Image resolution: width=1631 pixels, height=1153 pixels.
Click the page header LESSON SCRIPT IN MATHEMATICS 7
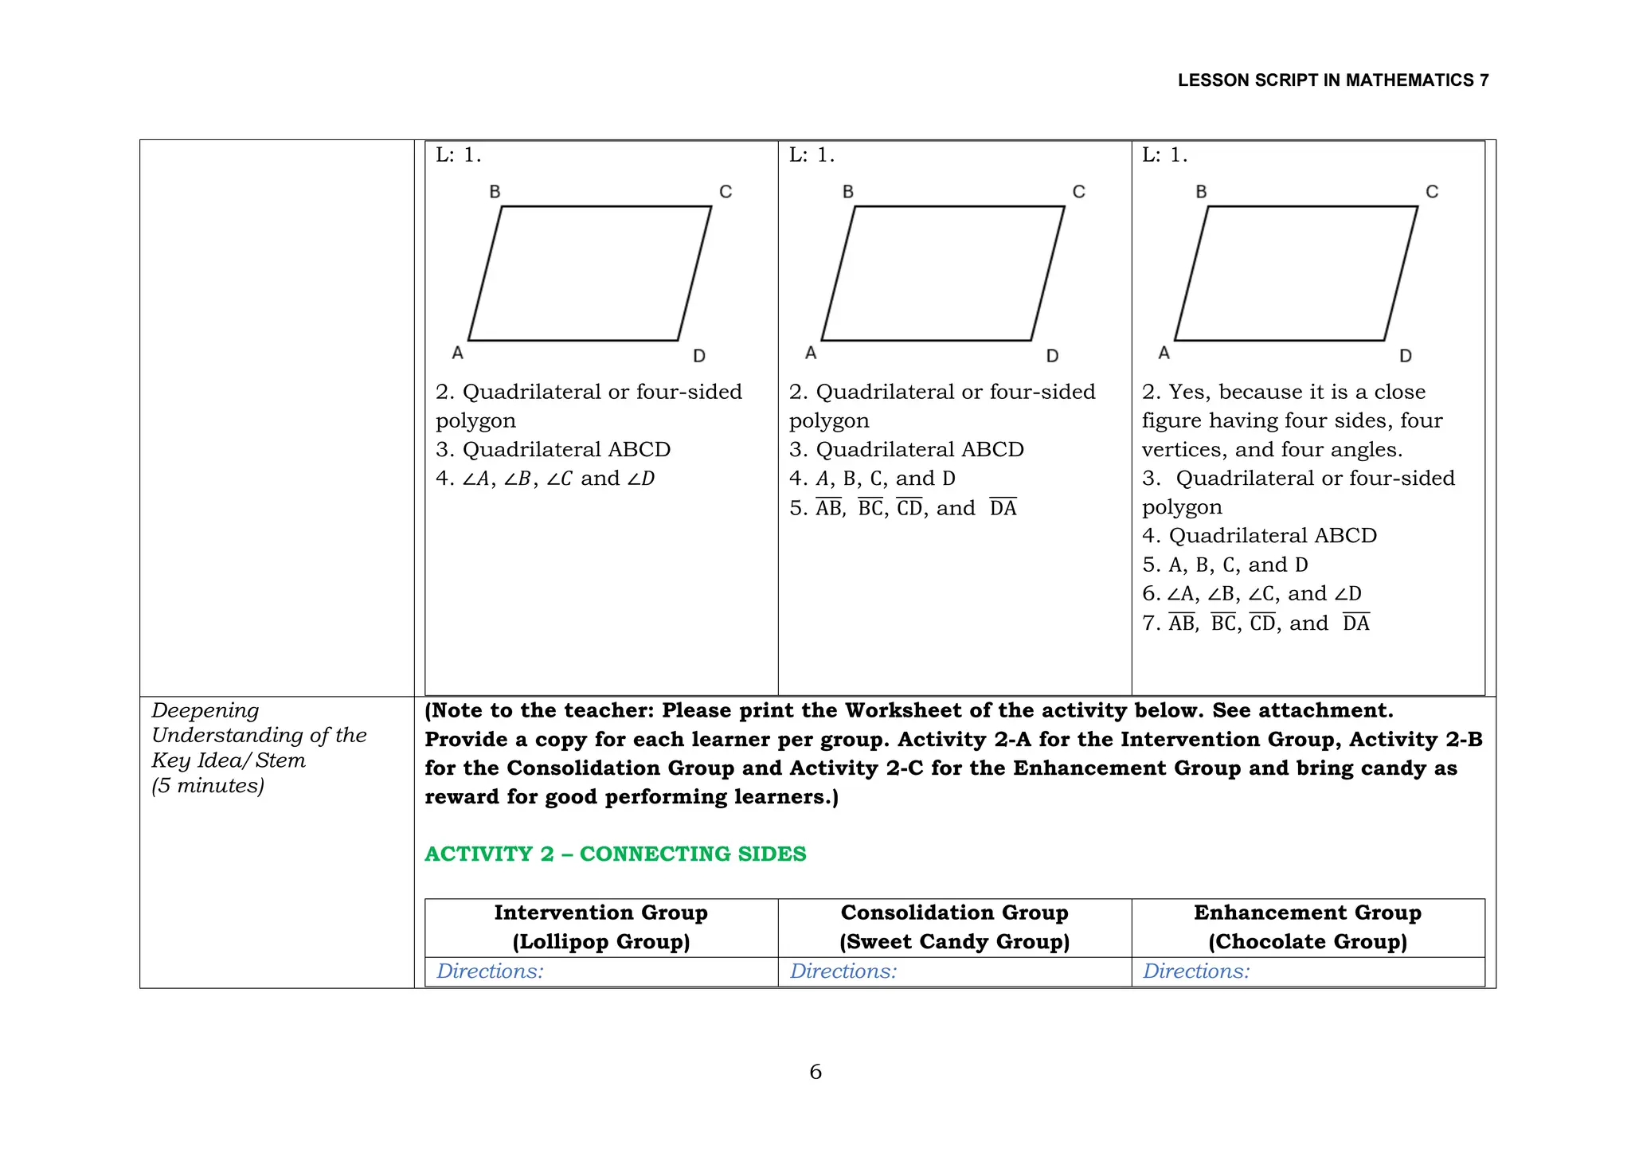pos(1332,80)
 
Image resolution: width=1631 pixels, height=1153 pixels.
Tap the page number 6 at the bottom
pos(815,1072)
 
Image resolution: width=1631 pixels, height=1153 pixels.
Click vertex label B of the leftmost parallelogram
pos(495,192)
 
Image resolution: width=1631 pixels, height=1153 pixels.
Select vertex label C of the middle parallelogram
pos(1078,192)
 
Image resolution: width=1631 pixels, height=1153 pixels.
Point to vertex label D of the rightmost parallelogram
pos(1406,356)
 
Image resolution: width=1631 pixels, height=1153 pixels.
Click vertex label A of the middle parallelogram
pos(811,353)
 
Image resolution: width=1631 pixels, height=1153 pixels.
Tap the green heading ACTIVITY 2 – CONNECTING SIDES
pos(615,854)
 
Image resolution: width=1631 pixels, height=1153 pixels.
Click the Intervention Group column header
pos(600,913)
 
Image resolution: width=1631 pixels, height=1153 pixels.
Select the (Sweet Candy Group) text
pos(954,942)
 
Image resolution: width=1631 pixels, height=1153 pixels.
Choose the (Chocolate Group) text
pos(1308,942)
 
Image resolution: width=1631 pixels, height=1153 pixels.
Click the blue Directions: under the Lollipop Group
pos(490,971)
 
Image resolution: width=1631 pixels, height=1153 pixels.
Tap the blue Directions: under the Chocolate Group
pos(1196,971)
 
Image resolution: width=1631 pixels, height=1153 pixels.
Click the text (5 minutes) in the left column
pos(208,786)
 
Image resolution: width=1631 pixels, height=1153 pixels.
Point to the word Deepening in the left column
pos(205,710)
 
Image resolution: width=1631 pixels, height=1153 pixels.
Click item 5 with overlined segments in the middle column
pos(903,508)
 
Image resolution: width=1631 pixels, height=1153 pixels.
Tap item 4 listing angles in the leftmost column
pos(545,479)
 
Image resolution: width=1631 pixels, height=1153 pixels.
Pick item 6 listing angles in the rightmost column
pos(1252,594)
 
